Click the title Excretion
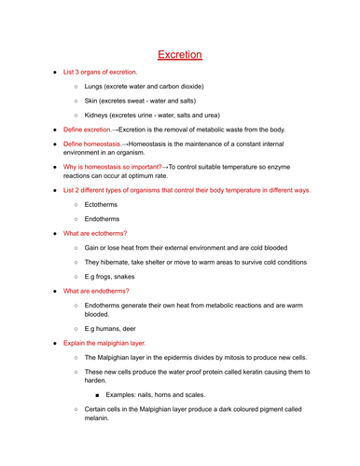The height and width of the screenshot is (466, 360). pos(179,55)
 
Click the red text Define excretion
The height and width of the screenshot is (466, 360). pos(88,130)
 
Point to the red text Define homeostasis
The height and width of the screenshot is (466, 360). pos(94,145)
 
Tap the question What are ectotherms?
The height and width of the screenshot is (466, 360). pos(95,233)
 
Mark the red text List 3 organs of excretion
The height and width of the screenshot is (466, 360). pos(100,71)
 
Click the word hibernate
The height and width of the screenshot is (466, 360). pos(120,262)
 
